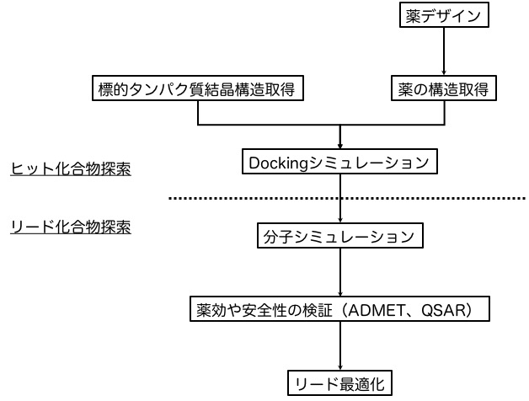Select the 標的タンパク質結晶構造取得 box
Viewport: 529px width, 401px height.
[x=197, y=88]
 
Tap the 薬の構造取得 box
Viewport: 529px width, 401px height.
[x=443, y=88]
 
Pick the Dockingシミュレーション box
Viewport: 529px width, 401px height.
[x=339, y=162]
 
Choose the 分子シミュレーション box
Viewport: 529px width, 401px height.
[x=339, y=237]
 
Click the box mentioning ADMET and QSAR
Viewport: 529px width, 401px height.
[x=339, y=310]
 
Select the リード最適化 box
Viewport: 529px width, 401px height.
[x=339, y=384]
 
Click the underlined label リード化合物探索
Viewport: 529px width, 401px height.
[x=71, y=227]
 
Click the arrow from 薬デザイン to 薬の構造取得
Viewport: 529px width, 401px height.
[x=444, y=51]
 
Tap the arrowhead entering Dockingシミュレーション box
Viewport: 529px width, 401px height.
[x=339, y=146]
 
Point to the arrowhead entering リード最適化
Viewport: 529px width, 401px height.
[x=339, y=368]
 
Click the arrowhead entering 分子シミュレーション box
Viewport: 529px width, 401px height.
[x=339, y=220]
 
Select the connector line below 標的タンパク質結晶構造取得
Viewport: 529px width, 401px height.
[x=197, y=113]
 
